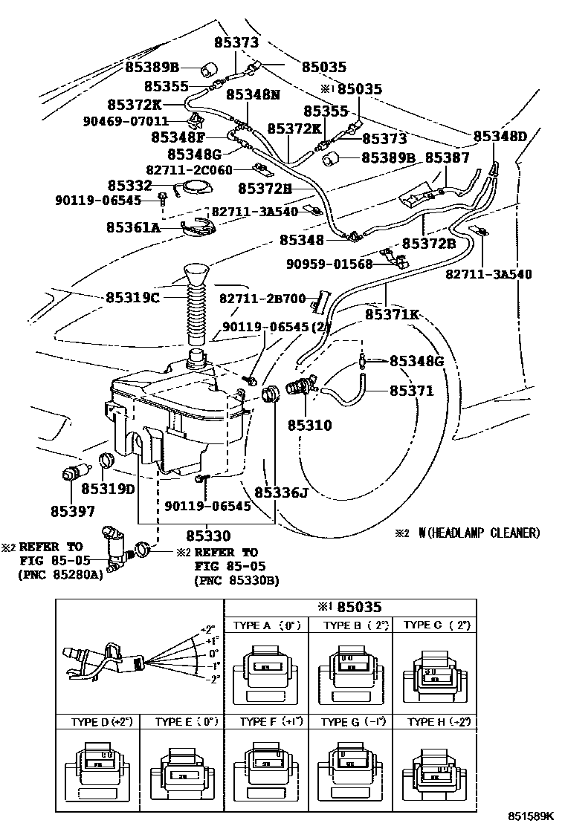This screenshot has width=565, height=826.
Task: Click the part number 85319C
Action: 133,297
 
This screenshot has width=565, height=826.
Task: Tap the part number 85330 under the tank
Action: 208,535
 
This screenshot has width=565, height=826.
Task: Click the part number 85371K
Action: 391,315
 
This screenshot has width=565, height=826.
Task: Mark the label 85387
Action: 447,158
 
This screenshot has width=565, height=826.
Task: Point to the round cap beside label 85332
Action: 196,187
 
